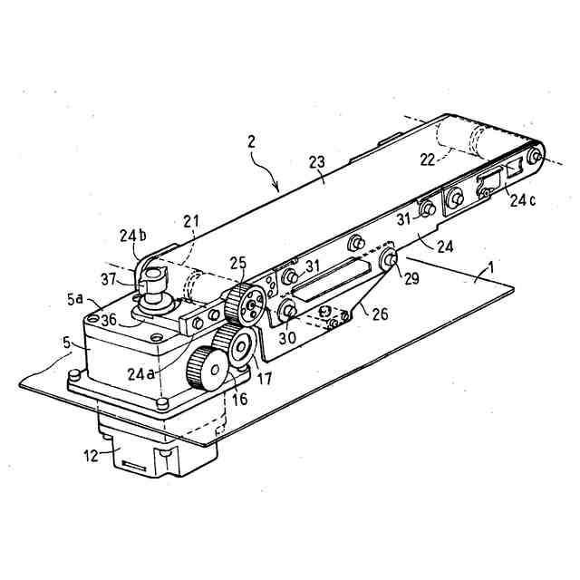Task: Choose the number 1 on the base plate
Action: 490,268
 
